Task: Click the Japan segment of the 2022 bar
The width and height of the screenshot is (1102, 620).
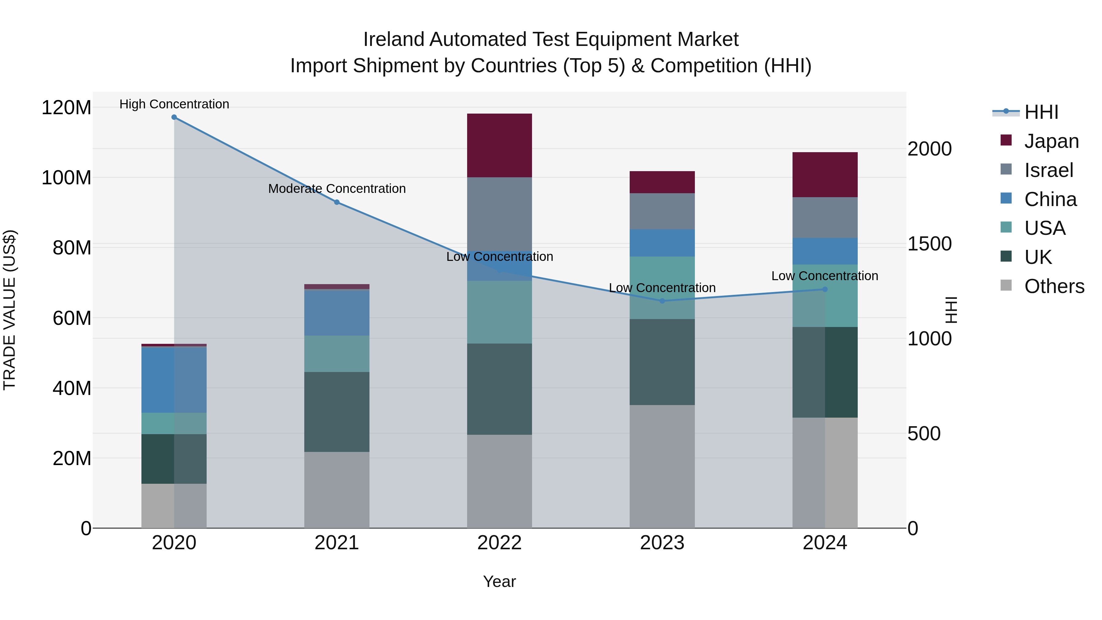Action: point(499,145)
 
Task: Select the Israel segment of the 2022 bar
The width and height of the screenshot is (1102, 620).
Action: point(499,214)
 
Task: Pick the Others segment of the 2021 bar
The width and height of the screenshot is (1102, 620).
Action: point(337,490)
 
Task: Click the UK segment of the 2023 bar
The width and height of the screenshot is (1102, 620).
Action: point(662,362)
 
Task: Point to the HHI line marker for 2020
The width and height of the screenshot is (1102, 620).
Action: point(174,117)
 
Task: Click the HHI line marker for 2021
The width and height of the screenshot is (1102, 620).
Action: point(337,202)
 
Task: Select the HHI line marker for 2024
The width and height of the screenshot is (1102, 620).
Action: point(825,289)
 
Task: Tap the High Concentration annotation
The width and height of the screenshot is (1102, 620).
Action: point(174,104)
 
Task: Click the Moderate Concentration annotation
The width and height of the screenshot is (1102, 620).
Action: point(337,189)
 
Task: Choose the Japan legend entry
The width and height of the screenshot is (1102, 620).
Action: point(1051,141)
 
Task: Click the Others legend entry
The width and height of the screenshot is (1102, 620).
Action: point(1054,286)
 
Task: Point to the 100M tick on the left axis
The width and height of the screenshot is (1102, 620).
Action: point(66,178)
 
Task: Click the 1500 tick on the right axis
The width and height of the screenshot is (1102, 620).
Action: point(929,244)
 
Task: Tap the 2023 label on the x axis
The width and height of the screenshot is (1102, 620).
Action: point(662,543)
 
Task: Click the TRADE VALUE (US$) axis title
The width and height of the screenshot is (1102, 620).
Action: point(9,310)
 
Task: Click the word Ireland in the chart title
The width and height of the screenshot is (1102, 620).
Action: point(394,39)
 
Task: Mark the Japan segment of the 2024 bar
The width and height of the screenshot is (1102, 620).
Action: point(825,175)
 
